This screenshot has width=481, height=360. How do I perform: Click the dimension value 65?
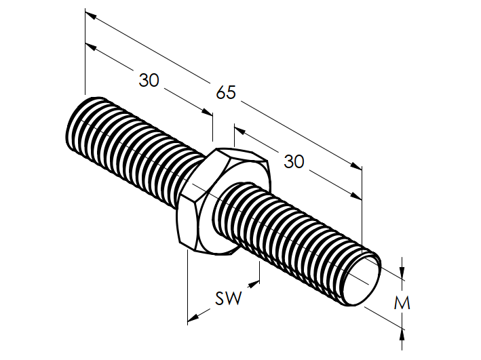click(x=226, y=92)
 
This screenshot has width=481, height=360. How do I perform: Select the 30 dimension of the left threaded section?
click(x=149, y=80)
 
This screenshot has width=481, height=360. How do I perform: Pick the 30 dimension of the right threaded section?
click(x=294, y=161)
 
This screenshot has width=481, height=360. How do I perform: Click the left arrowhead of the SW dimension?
click(x=193, y=317)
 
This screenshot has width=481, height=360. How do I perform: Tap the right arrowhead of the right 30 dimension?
click(x=358, y=196)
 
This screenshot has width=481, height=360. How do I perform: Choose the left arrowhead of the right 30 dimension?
click(x=238, y=128)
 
